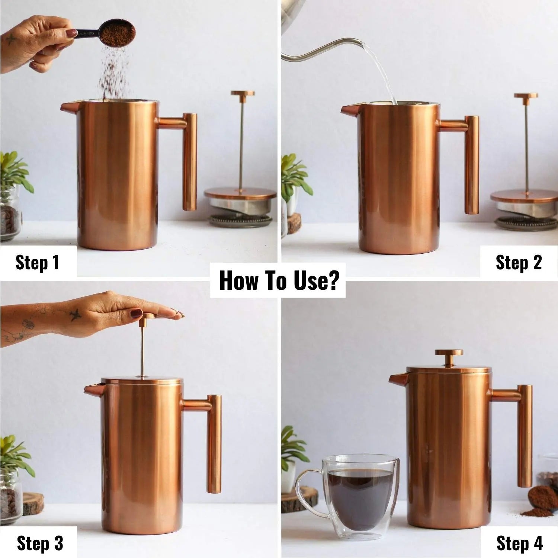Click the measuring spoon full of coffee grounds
112,35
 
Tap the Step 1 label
37,262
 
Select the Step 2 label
519,262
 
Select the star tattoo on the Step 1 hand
11,39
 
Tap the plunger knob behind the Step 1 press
243,95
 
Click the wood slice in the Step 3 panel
33,503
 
